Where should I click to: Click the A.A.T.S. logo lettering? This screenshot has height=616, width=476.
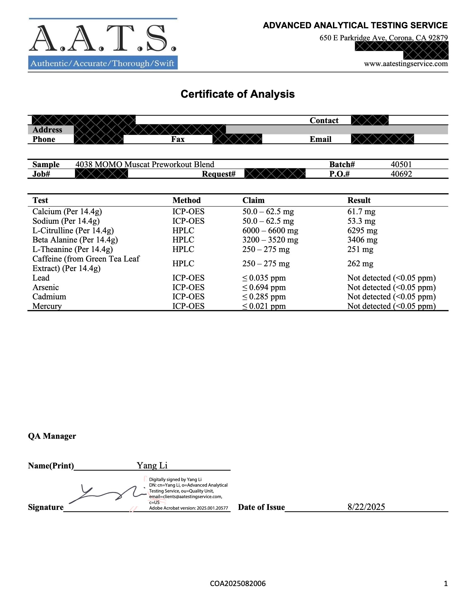(103, 38)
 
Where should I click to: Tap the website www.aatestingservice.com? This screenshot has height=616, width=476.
(405, 64)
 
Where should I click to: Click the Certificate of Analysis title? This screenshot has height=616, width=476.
(237, 94)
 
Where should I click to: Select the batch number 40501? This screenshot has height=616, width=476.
(401, 164)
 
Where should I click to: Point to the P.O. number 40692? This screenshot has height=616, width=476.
(401, 174)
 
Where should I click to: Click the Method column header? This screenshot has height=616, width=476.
(186, 200)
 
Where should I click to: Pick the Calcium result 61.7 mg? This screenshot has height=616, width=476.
(361, 211)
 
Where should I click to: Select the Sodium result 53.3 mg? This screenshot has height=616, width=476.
(361, 221)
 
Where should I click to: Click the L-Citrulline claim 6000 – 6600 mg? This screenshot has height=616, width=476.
(270, 231)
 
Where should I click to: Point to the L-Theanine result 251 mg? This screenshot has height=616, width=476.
(360, 249)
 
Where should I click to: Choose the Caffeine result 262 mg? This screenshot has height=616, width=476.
(360, 264)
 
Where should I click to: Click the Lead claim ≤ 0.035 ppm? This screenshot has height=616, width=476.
(264, 278)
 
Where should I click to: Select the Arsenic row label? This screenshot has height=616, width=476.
(46, 287)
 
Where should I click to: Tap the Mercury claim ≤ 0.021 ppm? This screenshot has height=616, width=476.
(264, 306)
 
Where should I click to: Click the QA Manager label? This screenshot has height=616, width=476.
(52, 436)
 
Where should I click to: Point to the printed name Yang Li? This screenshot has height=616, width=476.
(152, 465)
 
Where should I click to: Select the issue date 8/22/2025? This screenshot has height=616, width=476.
(366, 507)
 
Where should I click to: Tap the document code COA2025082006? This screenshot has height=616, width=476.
(238, 584)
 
